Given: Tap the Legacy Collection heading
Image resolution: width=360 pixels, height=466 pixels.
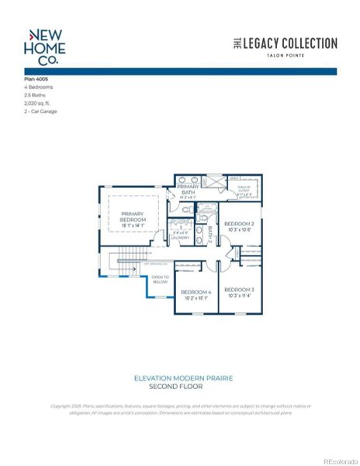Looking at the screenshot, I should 286,43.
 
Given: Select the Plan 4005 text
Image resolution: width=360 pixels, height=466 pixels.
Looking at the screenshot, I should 36,79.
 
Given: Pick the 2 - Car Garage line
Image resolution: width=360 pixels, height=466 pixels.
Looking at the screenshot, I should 40,110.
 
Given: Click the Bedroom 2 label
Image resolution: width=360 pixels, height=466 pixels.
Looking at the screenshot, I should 239,226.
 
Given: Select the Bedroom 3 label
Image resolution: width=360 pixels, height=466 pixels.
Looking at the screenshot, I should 239,292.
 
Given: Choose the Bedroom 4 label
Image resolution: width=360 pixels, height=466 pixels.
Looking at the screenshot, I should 196,294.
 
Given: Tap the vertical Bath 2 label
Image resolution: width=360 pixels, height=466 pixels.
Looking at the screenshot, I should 209,234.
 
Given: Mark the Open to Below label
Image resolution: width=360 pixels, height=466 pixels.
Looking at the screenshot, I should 160,280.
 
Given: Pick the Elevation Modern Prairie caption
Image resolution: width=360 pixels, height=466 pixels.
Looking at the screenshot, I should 183,378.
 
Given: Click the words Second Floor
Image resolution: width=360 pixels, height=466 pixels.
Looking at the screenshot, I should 183,386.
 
